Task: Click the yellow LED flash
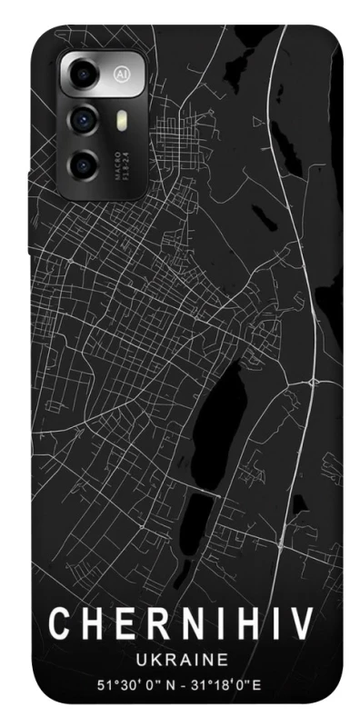coord(119,118)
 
